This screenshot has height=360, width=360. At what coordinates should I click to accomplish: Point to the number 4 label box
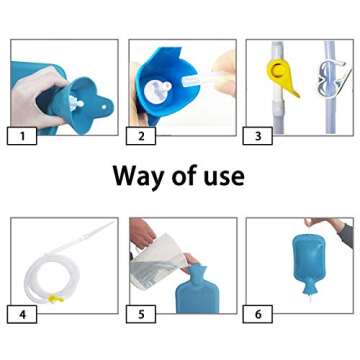(21, 314)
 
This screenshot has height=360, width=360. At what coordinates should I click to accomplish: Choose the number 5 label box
(141, 314)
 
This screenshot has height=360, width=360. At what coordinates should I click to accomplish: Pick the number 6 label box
(260, 314)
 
